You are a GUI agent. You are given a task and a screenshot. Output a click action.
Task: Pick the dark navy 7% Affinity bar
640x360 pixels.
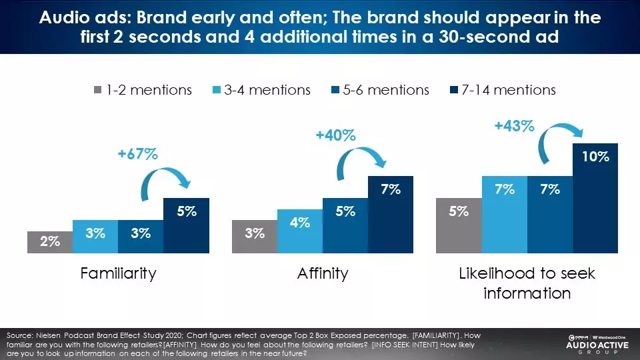[391, 214]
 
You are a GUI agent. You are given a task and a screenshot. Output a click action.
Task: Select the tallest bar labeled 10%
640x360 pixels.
[595, 198]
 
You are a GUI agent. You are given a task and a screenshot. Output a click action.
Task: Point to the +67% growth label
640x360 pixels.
[139, 154]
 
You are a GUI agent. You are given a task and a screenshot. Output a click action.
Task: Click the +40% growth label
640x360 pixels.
[336, 135]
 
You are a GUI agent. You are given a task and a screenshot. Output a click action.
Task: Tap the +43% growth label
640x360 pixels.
[514, 125]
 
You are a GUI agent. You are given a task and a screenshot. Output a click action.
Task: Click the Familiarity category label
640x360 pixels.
[118, 273]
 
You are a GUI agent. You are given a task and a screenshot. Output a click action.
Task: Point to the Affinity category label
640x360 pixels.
[323, 273]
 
